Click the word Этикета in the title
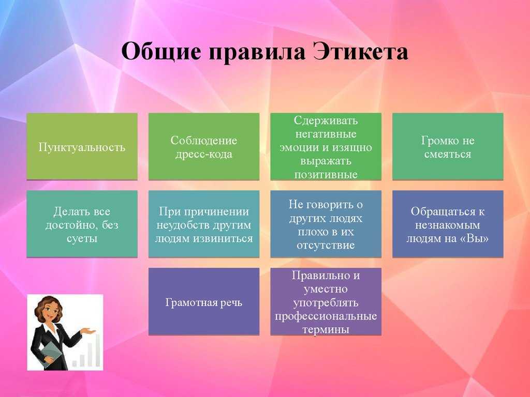[x=360, y=52]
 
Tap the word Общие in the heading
[x=160, y=52]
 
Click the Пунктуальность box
[x=82, y=146]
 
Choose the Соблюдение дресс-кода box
[x=204, y=146]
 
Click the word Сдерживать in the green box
[x=326, y=120]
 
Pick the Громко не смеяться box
[x=448, y=146]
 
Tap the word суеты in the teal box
[x=82, y=239]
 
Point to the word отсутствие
[x=326, y=246]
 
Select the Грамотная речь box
[x=204, y=301]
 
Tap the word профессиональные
[x=326, y=316]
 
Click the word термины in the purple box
[x=326, y=329]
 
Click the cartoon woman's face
[x=50, y=312]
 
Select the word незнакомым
[x=448, y=225]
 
